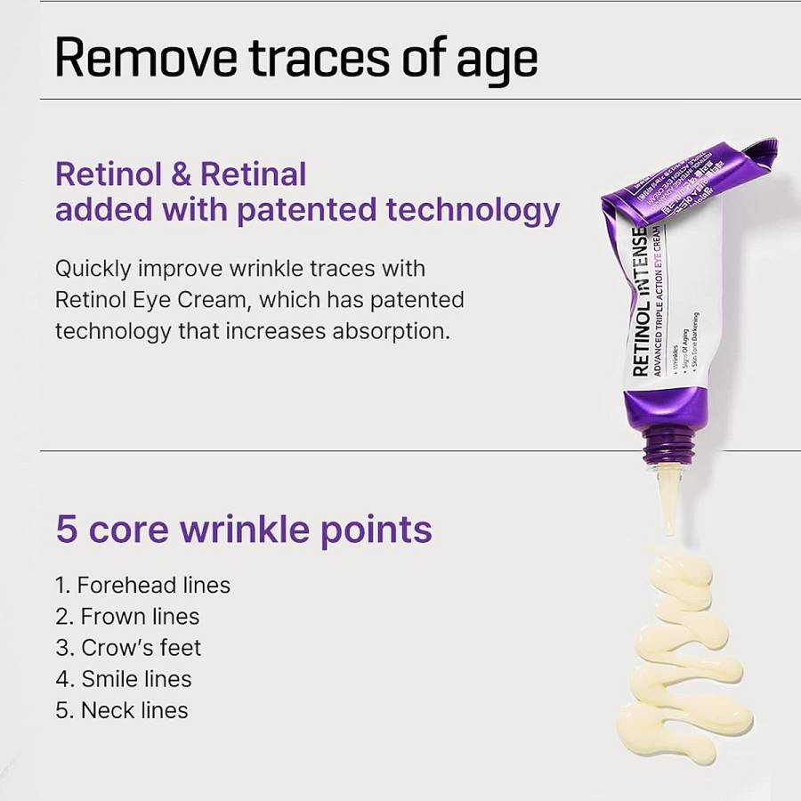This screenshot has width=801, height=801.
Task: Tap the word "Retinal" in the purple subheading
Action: point(254,174)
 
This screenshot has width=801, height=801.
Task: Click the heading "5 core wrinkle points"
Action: point(244,529)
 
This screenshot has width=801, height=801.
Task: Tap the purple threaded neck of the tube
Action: point(668,442)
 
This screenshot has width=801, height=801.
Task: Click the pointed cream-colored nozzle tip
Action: point(667,498)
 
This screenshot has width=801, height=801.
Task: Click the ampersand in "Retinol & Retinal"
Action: point(182,174)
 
